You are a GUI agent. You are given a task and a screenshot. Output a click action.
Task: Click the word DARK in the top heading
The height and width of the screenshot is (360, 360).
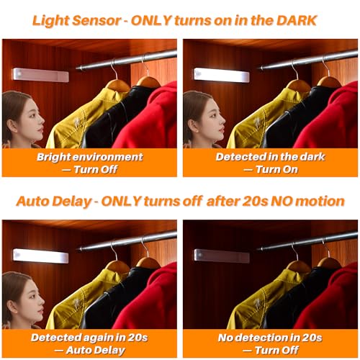297,20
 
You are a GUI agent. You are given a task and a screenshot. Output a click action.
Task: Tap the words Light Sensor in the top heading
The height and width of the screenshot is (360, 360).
76,21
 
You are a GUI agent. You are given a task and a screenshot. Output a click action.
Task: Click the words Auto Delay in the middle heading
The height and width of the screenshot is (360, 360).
54,202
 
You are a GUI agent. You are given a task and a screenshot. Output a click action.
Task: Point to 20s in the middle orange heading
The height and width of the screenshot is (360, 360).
255,201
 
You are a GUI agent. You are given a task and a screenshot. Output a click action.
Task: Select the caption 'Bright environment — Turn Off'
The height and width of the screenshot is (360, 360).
89,163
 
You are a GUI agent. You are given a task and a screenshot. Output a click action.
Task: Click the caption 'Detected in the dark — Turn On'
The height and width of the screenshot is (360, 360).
271,163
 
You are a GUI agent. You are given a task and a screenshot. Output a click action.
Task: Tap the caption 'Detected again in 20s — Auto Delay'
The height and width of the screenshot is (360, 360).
89,344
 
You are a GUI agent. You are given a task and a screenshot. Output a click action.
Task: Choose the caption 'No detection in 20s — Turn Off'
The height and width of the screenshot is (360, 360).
271,344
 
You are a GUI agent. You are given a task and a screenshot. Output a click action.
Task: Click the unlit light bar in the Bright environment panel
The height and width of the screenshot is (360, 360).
41,75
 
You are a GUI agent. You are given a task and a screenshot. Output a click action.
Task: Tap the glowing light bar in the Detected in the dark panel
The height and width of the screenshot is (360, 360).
222,75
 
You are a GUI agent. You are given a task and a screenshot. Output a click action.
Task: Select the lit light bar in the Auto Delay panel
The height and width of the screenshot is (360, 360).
41,256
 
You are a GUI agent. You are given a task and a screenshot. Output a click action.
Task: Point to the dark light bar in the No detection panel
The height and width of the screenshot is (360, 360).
222,256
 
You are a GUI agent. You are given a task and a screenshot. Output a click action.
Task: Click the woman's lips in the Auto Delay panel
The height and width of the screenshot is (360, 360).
40,311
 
